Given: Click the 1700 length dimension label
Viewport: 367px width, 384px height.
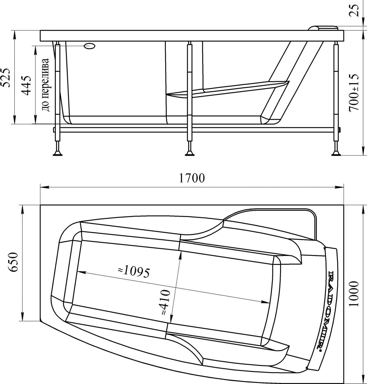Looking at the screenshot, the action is tap(192, 178).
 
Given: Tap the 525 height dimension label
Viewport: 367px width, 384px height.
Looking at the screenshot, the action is tap(6, 78).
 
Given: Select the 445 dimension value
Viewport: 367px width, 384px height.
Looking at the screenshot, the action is tap(26, 85).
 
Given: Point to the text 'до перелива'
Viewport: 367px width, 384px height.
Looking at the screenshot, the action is tap(45, 85).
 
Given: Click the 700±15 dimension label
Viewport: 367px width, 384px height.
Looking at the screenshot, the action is tap(353, 93).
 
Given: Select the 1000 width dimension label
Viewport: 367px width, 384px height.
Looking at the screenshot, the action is tap(353, 294).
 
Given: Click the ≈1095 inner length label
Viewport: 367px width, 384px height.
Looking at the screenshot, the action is tap(134, 272).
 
